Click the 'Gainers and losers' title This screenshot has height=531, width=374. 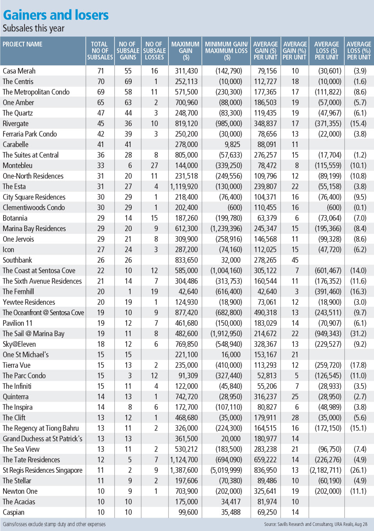point(55,15)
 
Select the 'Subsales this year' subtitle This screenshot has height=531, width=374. point(34,29)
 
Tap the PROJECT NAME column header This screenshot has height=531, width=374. point(23,44)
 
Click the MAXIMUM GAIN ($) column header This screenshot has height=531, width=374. point(186,51)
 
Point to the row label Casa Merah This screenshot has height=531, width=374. point(19,71)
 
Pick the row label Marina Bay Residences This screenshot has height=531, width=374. point(34,229)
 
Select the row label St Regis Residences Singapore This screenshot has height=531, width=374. point(43,470)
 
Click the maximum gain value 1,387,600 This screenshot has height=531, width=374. point(184,470)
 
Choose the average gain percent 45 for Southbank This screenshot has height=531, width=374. point(295,260)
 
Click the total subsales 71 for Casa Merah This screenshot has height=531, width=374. point(101,71)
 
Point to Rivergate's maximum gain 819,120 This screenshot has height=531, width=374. point(186,124)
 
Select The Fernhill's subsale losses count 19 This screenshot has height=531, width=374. point(154,292)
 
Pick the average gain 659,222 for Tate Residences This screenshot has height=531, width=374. point(265,460)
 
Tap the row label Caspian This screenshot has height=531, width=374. point(14,512)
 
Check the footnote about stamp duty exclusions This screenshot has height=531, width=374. point(54,524)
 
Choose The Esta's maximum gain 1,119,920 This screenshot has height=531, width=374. point(184,187)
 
